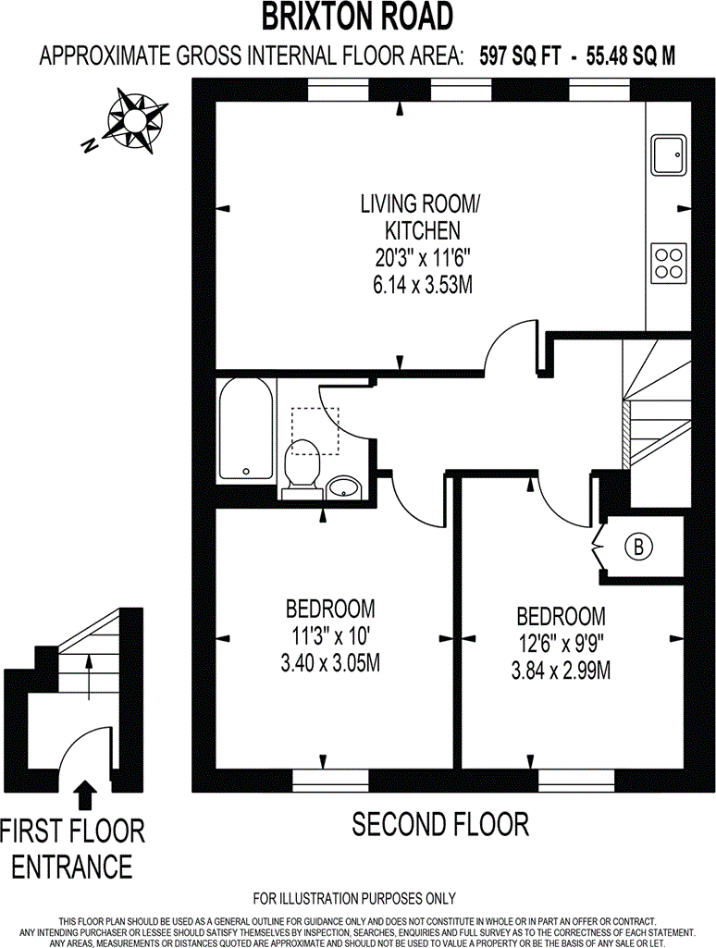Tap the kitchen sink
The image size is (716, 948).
pyautogui.click(x=668, y=154)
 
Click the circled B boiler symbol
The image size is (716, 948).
pyautogui.click(x=636, y=548)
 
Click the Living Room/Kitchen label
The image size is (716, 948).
pyautogui.click(x=408, y=216)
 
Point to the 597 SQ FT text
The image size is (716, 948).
pyautogui.click(x=518, y=55)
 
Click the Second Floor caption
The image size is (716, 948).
pyautogui.click(x=439, y=823)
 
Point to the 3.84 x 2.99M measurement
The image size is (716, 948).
pyautogui.click(x=561, y=670)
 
